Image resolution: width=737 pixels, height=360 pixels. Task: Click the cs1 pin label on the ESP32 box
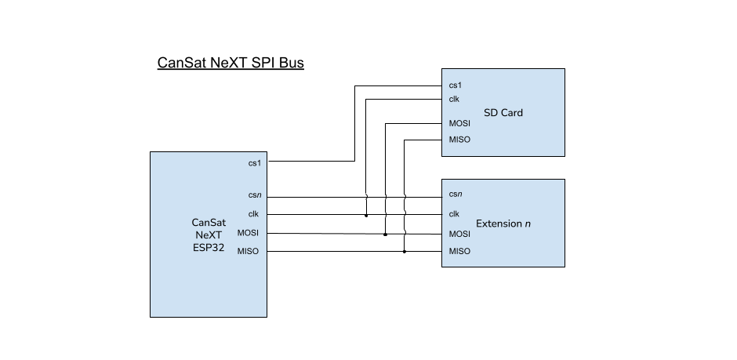254,163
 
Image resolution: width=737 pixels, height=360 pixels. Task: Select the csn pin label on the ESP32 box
254,195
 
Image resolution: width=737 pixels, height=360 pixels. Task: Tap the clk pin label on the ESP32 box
253,213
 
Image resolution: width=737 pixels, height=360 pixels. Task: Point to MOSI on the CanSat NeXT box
248,233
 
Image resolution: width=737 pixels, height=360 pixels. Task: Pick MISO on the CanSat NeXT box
248,251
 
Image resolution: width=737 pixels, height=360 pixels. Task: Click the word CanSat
209,222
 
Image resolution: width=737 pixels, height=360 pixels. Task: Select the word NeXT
209,235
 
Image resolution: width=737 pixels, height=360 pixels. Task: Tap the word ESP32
209,247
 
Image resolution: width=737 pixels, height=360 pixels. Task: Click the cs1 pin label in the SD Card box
455,85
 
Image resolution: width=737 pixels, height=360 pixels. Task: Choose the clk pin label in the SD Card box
454,99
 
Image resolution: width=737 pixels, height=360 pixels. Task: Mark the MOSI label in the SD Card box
459,123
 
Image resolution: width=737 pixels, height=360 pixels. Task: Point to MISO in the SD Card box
459,140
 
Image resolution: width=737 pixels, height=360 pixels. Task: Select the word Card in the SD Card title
511,113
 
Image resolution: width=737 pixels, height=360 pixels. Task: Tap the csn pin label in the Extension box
455,194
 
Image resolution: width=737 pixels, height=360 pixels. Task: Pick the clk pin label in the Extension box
454,214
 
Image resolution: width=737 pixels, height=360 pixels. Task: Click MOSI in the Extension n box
459,234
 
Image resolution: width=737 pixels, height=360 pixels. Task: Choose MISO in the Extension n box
459,252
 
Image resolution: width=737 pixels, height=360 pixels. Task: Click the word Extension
499,224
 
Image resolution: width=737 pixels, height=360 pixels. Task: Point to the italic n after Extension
528,224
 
